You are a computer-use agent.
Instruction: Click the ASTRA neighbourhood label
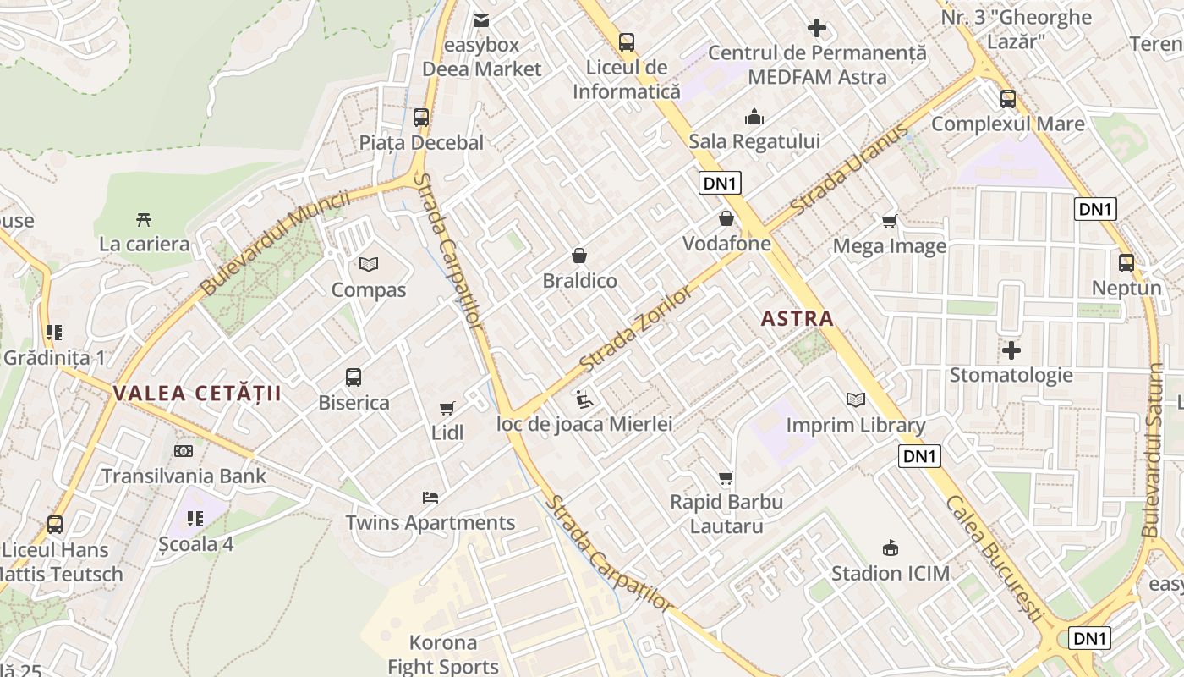click(797, 319)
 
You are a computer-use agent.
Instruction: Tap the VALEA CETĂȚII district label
click(197, 394)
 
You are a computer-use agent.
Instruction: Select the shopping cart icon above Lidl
click(447, 408)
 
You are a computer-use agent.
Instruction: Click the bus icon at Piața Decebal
click(420, 118)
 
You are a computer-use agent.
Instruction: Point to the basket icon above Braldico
click(579, 255)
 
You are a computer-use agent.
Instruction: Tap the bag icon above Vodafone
click(726, 218)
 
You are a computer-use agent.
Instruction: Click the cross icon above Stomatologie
click(1011, 350)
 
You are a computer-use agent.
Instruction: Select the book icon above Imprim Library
click(856, 399)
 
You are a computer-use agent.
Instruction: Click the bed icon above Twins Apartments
click(430, 497)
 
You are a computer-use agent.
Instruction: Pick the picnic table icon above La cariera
click(144, 219)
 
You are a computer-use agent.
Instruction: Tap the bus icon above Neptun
click(1126, 262)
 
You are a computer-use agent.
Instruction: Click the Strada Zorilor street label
click(637, 329)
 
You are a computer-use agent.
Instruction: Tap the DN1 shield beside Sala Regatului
click(720, 183)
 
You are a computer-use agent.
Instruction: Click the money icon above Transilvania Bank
click(184, 451)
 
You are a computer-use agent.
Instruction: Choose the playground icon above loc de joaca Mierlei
click(583, 398)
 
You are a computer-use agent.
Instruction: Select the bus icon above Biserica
click(354, 377)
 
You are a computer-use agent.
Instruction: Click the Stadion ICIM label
click(890, 573)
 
